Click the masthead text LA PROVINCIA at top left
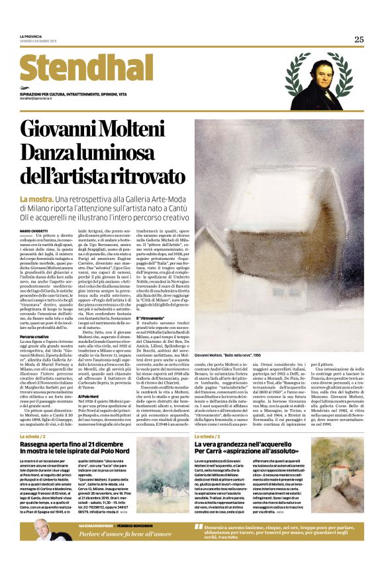[30, 35]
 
